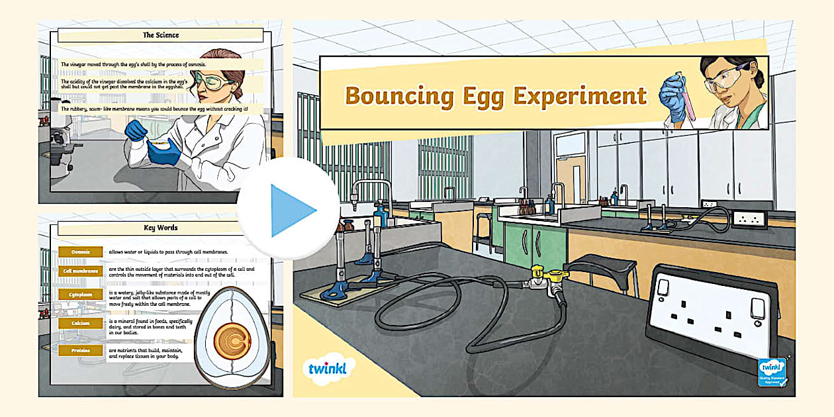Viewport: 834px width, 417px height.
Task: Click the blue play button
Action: pos(289,210)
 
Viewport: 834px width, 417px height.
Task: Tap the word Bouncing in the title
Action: pos(399,95)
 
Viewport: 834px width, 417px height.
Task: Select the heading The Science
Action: pos(161,35)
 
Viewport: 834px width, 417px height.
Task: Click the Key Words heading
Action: pos(161,228)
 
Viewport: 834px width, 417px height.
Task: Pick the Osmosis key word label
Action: pos(80,252)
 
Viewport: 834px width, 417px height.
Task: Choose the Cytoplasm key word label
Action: pos(80,294)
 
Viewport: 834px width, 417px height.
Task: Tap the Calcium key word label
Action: pos(80,323)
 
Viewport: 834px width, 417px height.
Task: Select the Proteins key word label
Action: pos(80,350)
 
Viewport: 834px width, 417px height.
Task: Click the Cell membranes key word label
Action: pos(80,270)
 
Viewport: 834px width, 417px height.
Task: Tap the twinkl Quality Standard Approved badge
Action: pos(772,372)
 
